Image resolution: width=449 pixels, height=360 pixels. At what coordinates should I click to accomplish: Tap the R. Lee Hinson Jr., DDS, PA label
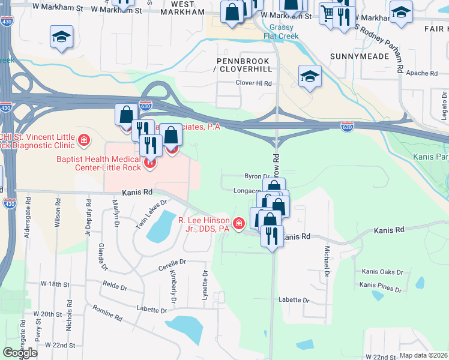204,224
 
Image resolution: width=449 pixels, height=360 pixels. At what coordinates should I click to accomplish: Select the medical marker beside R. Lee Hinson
239,224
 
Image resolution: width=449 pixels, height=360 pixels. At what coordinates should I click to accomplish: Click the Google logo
20,353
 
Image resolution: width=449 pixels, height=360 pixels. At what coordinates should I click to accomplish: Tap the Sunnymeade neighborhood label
360,56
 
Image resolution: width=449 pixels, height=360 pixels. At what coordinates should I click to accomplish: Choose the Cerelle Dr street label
172,262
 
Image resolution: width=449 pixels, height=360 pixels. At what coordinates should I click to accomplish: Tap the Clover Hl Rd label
254,83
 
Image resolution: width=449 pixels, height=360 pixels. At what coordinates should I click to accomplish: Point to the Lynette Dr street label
205,282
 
